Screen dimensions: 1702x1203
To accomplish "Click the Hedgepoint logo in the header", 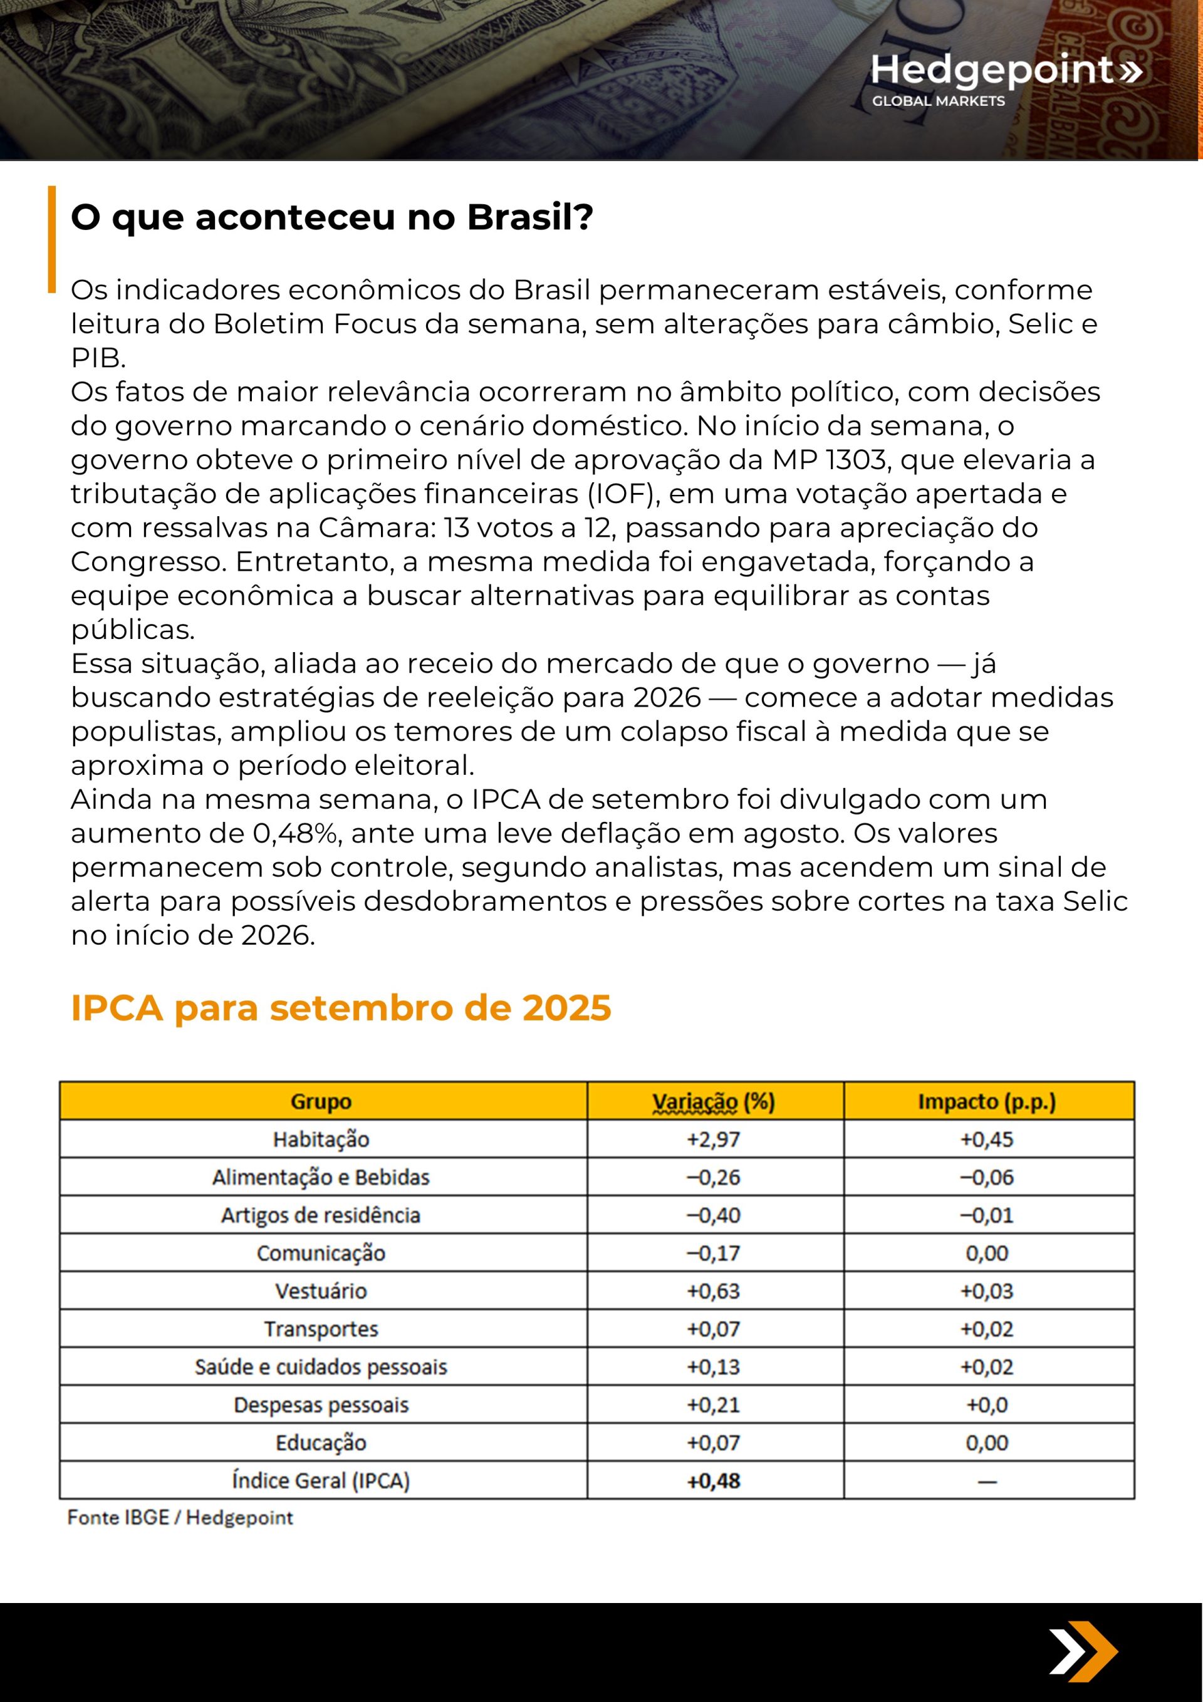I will coord(1006,78).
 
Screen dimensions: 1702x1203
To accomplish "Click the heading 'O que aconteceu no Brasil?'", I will coord(331,217).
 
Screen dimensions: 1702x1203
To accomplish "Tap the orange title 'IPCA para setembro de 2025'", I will coord(340,1008).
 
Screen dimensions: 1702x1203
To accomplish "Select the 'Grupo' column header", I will coord(321,1101).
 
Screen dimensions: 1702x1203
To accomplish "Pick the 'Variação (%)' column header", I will coord(714,1101).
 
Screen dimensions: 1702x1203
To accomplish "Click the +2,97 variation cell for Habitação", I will coord(714,1139).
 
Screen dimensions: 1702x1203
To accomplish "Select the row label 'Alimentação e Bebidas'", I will coord(321,1177).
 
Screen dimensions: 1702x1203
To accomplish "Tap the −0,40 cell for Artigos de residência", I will coord(714,1215).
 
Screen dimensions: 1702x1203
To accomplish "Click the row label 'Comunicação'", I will coord(321,1253).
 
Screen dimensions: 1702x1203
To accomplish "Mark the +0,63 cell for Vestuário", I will coord(714,1290).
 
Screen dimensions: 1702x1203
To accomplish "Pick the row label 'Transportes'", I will coord(321,1329).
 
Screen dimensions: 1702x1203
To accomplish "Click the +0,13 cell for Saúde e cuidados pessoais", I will coord(714,1366).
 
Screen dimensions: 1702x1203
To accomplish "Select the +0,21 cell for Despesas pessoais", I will coord(714,1404).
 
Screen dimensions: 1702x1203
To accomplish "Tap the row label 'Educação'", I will coord(321,1443).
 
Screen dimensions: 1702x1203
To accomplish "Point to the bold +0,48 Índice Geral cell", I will coord(714,1481).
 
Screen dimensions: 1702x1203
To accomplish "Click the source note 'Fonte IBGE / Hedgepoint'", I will coord(180,1517).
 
